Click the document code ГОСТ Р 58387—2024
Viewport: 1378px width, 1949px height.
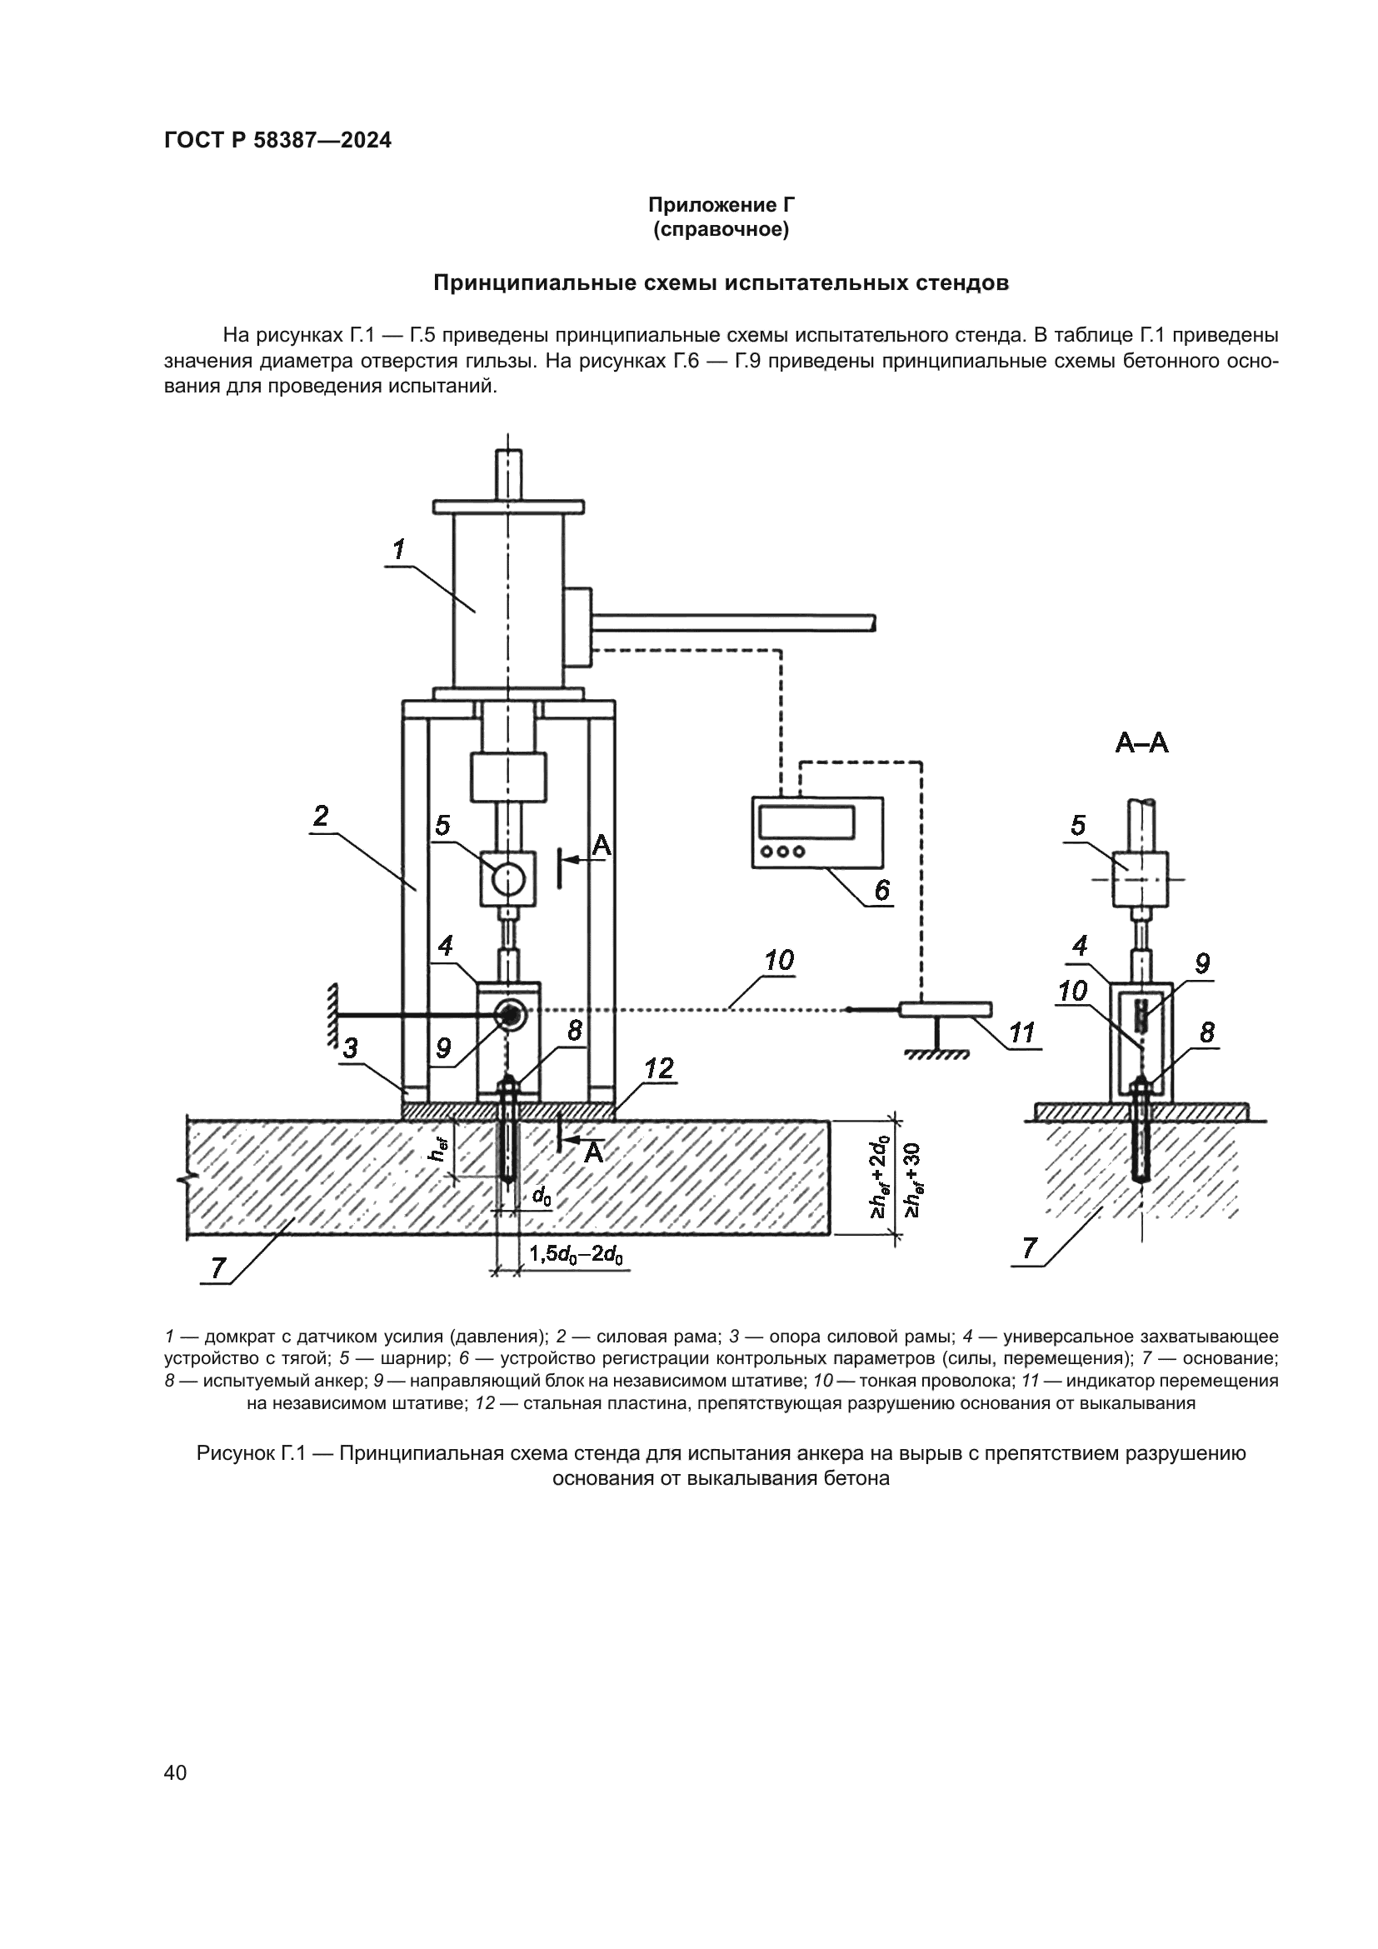[x=277, y=141]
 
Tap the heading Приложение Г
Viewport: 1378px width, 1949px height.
[x=721, y=205]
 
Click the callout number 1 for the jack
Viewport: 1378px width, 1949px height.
[x=398, y=549]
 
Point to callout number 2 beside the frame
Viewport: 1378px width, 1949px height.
[x=321, y=816]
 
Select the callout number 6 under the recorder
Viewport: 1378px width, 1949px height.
[x=882, y=890]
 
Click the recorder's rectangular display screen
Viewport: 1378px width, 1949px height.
[x=806, y=821]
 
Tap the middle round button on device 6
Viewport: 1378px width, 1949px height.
[x=782, y=852]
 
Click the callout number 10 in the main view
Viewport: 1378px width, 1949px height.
[x=779, y=961]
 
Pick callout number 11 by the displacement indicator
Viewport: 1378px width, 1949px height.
[x=1022, y=1033]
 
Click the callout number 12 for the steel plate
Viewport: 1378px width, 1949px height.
[x=658, y=1069]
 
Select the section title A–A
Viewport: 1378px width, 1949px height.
[x=1141, y=743]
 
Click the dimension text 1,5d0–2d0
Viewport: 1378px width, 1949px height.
[x=577, y=1255]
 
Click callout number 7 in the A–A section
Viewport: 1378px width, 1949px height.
[x=1030, y=1248]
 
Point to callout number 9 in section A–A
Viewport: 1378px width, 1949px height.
[x=1202, y=963]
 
